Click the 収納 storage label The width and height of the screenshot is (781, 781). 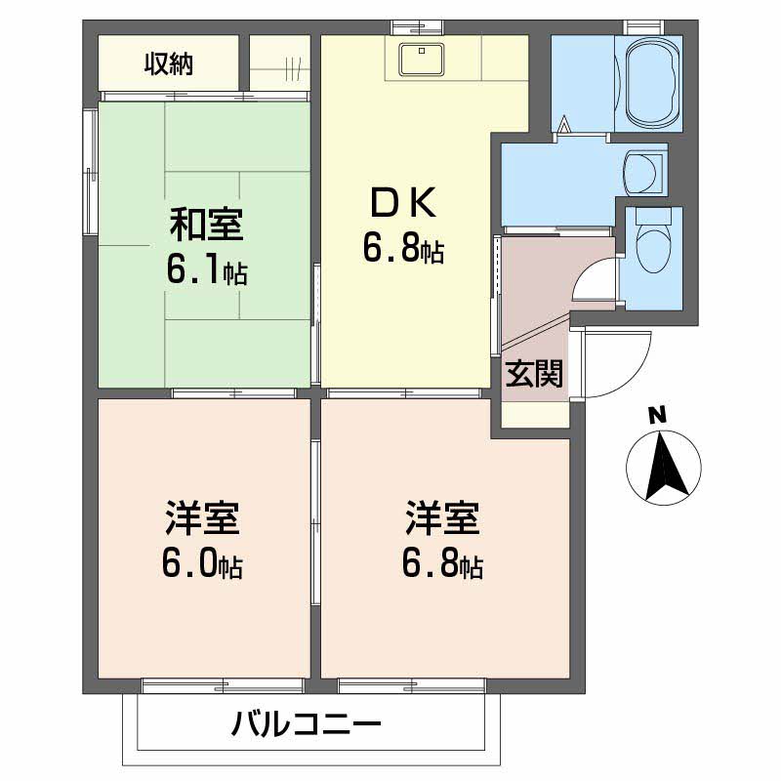[x=170, y=64]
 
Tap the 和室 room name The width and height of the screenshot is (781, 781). [x=206, y=226]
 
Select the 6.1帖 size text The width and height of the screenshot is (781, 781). [x=206, y=270]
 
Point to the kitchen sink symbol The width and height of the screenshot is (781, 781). [x=423, y=59]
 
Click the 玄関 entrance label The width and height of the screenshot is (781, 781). [x=534, y=374]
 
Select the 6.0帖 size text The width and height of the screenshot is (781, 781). [x=203, y=566]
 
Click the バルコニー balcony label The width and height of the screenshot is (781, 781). [x=306, y=724]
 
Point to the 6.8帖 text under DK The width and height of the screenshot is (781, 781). [x=403, y=251]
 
